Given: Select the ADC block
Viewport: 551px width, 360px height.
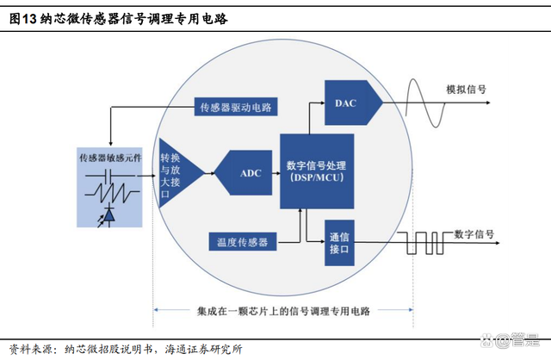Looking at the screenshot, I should pos(249,172).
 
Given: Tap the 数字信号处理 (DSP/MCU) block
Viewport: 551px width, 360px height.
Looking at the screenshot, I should pos(317,171).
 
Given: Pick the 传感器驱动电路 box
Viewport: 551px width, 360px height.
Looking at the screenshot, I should pos(235,108).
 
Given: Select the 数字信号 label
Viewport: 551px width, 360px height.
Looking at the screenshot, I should pos(474,233).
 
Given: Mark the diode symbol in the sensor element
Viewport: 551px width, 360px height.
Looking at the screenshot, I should pos(110,212).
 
